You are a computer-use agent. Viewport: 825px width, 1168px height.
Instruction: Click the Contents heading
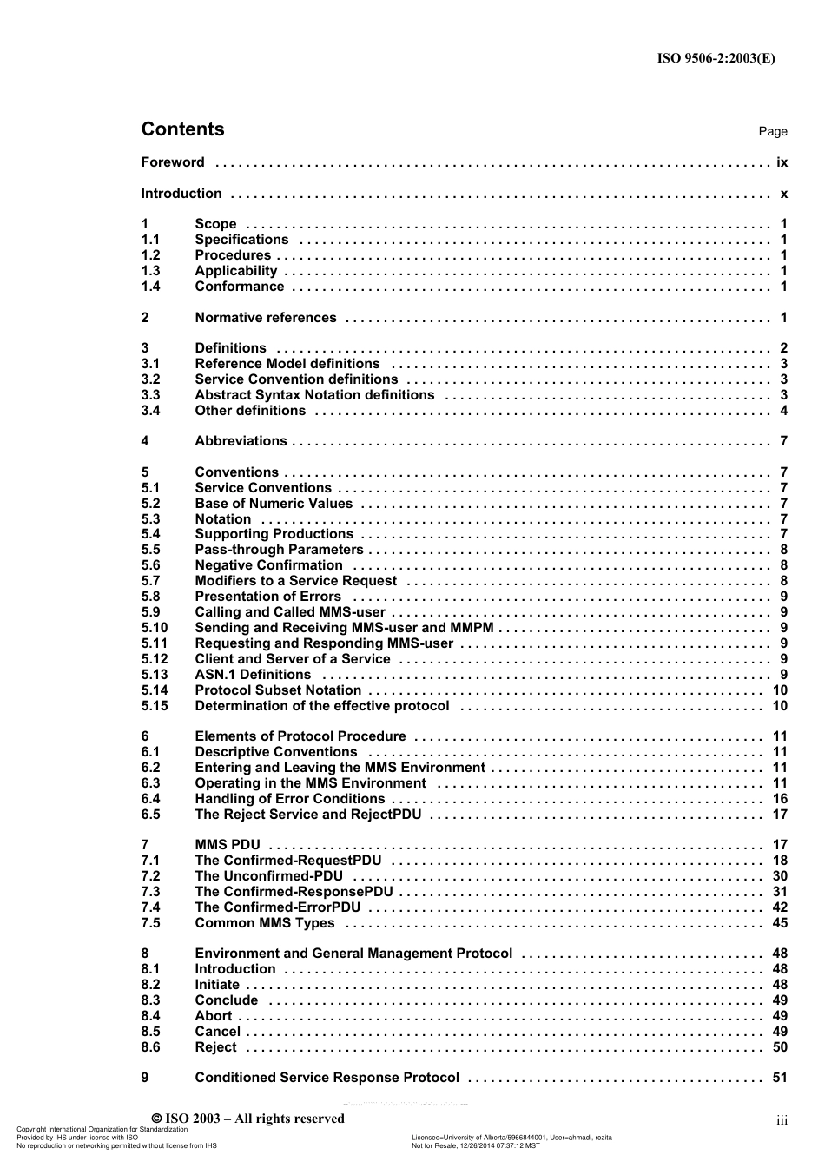pos(182,129)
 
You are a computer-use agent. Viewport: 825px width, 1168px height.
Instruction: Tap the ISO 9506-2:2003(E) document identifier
pos(716,59)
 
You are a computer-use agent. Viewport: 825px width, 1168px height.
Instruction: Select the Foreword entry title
pos(173,162)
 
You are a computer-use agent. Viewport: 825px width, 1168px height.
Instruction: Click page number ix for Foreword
pos(782,162)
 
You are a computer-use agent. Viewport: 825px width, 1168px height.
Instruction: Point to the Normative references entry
pos(265,318)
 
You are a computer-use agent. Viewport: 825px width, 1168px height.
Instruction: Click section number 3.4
pos(151,411)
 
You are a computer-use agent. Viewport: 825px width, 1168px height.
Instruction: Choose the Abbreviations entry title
pos(241,441)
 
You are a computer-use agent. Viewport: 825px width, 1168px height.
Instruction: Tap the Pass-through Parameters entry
pos(279,550)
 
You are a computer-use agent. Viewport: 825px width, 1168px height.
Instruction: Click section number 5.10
pos(155,628)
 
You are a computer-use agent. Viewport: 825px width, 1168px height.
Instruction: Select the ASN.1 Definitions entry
pos(253,675)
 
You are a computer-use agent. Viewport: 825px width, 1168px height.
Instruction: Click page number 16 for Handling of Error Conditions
pos(780,799)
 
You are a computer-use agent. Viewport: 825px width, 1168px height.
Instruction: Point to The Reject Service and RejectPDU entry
pos(307,815)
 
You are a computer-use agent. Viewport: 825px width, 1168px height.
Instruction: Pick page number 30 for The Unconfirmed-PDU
pos(780,876)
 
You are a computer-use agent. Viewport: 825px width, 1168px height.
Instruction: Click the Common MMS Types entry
pos(264,923)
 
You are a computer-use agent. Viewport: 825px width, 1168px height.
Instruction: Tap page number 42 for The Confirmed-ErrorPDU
pos(780,907)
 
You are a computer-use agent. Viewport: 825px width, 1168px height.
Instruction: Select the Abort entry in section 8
pos(214,1016)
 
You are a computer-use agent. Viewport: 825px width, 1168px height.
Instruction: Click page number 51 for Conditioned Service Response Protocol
pos(780,1078)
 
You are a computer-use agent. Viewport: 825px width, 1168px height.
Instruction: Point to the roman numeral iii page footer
pos(782,1121)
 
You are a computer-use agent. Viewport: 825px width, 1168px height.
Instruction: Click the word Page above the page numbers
pos(772,132)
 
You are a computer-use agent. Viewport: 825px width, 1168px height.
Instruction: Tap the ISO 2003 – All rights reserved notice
pos(248,1119)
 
